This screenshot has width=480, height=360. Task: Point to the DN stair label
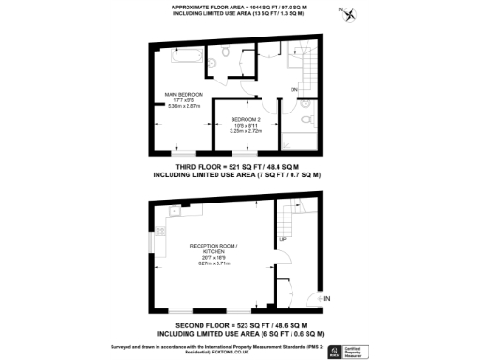click(x=293, y=90)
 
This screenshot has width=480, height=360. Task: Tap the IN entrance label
click(x=327, y=299)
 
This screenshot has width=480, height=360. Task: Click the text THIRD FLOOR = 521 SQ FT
click(x=238, y=165)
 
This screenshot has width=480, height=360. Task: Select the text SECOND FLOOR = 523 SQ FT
click(x=238, y=324)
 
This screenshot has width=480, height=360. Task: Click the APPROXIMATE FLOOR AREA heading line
click(x=238, y=7)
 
